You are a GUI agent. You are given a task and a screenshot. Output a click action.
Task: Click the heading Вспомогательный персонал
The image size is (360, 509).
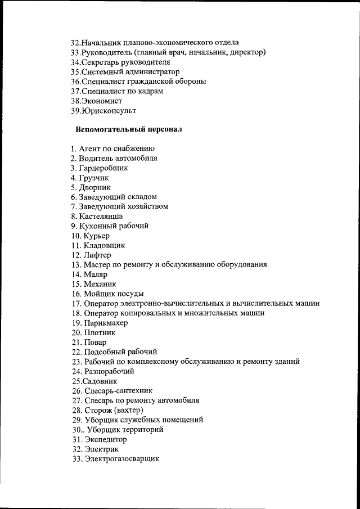pyautogui.click(x=129, y=129)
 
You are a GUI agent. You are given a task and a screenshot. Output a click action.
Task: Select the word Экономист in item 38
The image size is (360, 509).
pyautogui.click(x=102, y=101)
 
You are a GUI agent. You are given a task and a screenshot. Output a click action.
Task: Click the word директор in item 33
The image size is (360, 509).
pyautogui.click(x=247, y=52)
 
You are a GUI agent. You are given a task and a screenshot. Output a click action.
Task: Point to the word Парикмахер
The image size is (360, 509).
pyautogui.click(x=106, y=323)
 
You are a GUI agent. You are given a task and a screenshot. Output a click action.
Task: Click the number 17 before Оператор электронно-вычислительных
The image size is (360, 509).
pyautogui.click(x=76, y=303)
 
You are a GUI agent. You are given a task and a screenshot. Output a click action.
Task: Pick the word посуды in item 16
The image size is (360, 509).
pyautogui.click(x=129, y=294)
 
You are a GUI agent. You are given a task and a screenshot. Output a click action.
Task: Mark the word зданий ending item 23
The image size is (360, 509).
pyautogui.click(x=286, y=362)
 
